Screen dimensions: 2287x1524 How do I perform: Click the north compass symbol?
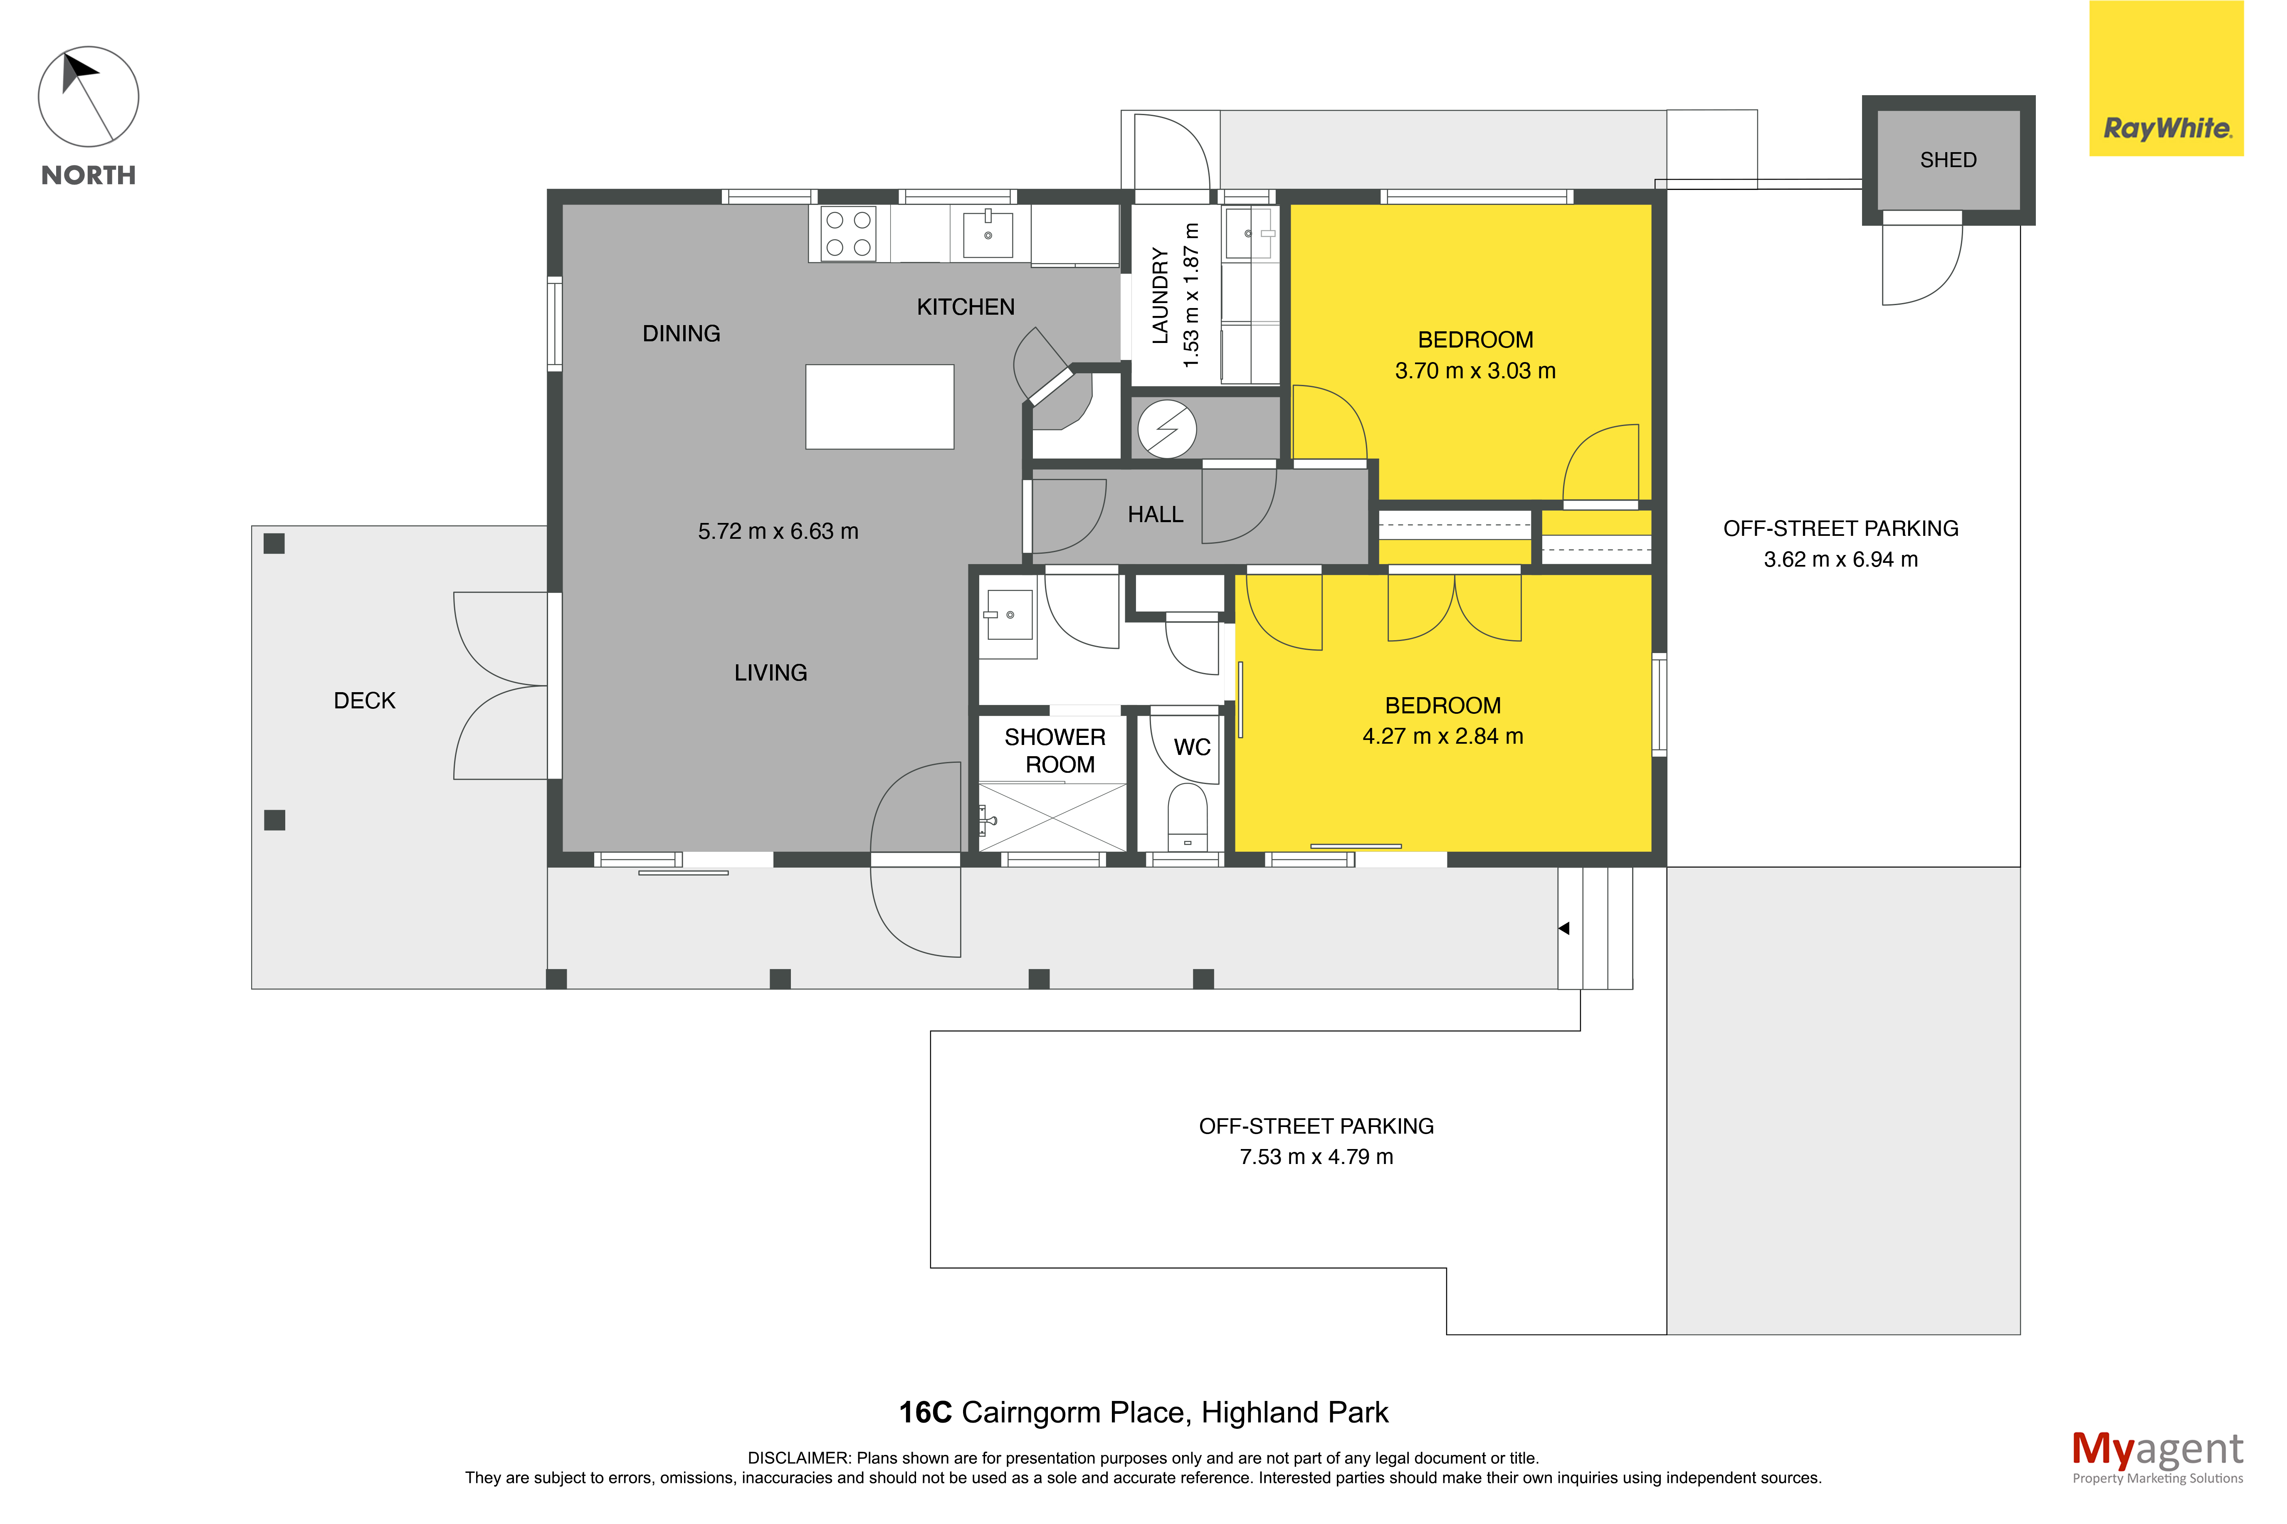89,96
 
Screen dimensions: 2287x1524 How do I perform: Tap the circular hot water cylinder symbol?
1166,429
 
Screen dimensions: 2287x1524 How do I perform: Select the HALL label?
1155,514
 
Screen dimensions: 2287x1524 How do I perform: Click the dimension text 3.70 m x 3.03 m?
1474,370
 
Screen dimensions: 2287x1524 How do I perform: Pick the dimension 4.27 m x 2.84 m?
1442,736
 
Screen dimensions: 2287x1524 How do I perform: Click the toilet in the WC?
1187,817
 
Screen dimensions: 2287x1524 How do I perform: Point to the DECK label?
365,701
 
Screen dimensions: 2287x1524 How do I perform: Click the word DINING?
682,333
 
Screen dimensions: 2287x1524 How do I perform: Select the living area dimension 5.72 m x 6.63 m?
778,531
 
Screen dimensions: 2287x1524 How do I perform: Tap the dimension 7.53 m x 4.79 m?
1316,1157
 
